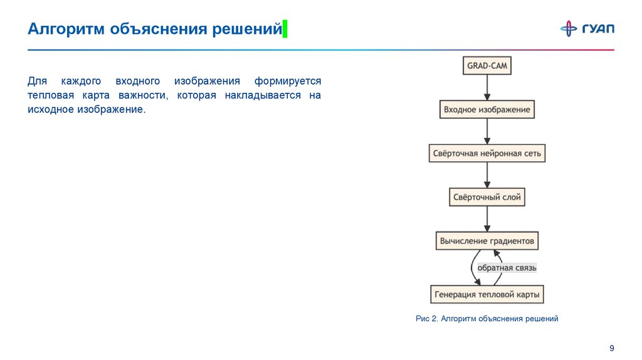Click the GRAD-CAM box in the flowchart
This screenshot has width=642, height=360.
(487, 65)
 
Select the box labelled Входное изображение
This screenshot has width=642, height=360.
(487, 109)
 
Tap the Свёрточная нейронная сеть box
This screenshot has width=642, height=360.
(487, 153)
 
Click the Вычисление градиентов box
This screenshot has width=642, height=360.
(487, 241)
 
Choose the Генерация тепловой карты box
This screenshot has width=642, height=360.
(487, 294)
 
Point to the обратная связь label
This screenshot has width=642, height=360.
(507, 268)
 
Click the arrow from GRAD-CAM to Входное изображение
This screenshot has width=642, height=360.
(487, 87)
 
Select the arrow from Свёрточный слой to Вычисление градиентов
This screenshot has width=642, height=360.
(487, 219)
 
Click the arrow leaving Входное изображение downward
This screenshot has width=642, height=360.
(487, 131)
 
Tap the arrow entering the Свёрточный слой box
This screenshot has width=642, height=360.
(487, 175)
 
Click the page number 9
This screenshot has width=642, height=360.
(612, 348)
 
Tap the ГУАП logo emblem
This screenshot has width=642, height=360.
(569, 29)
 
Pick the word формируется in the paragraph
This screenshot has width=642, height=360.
(287, 82)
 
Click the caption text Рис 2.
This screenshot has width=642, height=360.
(426, 319)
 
